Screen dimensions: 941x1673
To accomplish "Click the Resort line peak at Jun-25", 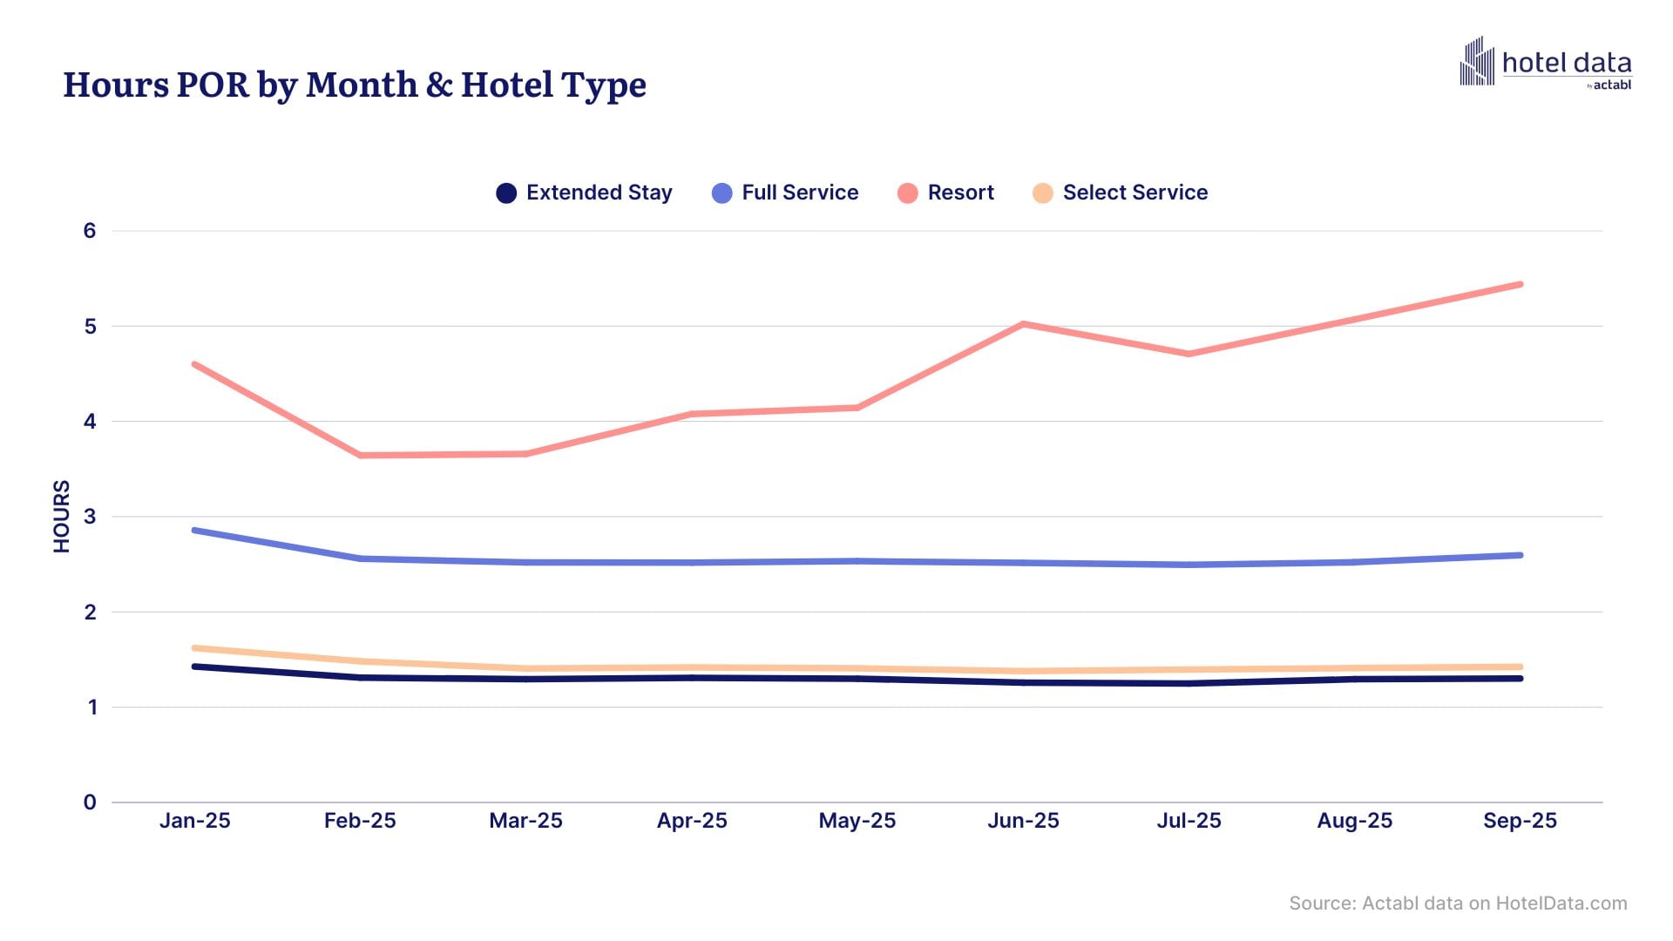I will tap(1023, 324).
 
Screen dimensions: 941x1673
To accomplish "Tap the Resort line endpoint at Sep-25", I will tap(1520, 285).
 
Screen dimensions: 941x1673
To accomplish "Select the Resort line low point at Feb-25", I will tap(361, 455).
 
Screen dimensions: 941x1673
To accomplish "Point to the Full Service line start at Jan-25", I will tap(195, 530).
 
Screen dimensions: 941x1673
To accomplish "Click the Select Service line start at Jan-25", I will tap(195, 648).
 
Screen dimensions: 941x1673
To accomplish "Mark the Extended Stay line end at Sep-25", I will tap(1520, 678).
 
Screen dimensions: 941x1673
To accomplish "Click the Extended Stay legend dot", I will tap(506, 193).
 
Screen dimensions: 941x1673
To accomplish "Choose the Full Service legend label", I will tap(799, 193).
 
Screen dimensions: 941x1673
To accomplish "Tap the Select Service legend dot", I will tap(1042, 193).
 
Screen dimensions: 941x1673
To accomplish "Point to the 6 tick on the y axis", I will tap(90, 231).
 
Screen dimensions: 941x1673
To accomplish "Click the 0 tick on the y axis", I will tap(90, 802).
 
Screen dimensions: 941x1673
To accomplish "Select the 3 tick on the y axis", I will tap(90, 517).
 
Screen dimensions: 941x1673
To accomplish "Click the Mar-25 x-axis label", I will tap(525, 821).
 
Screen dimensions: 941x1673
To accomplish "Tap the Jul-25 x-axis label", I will tap(1189, 821).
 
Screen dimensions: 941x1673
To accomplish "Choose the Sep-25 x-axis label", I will tap(1520, 821).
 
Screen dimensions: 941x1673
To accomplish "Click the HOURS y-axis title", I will tap(61, 516).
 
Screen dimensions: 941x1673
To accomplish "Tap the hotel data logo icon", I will tap(1476, 62).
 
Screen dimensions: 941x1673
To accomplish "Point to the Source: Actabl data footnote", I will tap(1458, 904).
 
